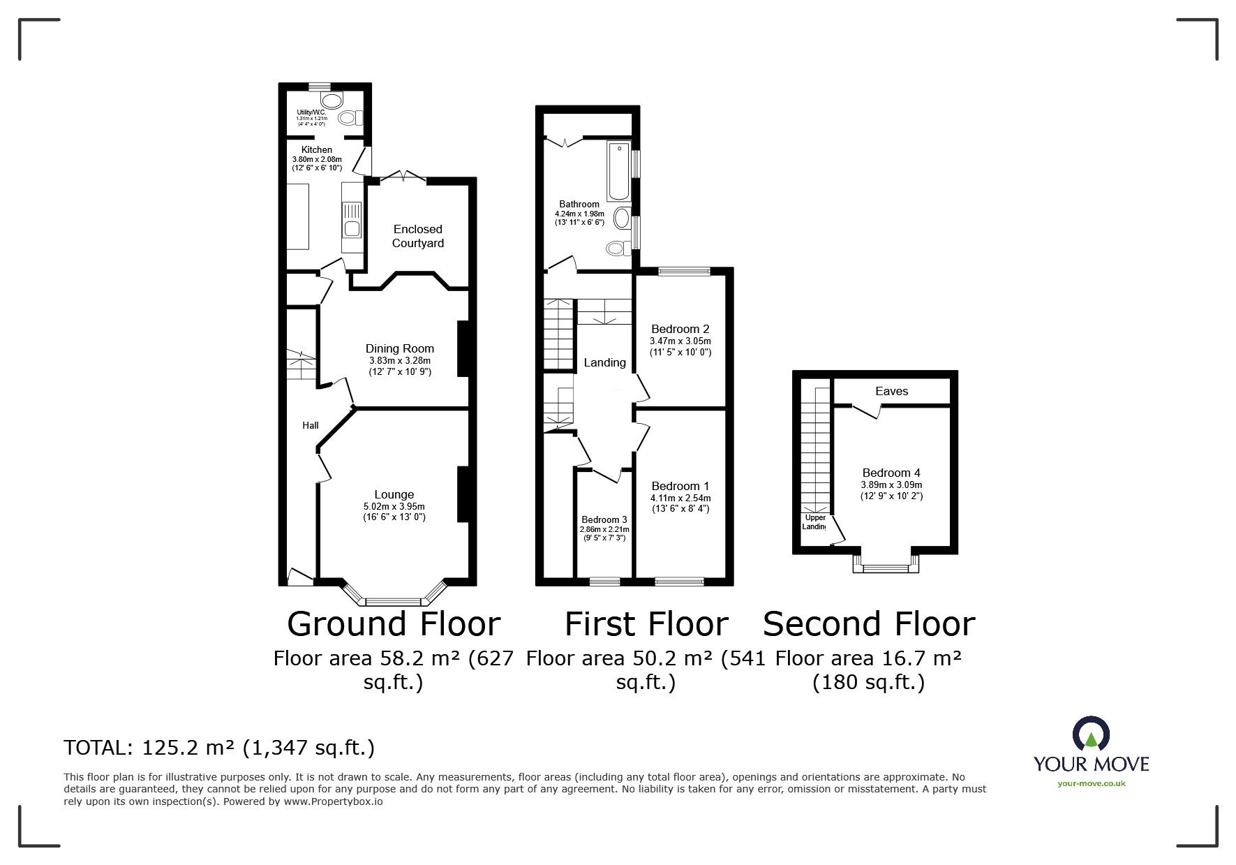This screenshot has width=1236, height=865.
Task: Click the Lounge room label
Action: (394, 494)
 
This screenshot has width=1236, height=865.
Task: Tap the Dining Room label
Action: (399, 348)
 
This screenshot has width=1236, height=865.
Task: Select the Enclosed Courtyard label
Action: (417, 236)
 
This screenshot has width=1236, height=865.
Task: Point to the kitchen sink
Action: (351, 219)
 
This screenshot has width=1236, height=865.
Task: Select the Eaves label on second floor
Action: (891, 391)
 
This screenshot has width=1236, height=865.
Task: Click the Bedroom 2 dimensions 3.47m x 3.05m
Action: (680, 341)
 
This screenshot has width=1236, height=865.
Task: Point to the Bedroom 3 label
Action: (604, 519)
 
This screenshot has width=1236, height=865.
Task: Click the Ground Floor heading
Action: (394, 623)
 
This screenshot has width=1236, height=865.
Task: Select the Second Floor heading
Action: (868, 623)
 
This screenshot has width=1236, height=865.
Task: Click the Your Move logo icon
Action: (1091, 734)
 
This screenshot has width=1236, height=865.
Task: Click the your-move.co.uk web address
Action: (1091, 783)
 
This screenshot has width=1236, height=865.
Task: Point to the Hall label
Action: (310, 425)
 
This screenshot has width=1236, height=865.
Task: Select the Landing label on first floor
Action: (604, 362)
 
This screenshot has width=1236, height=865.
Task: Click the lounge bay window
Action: (394, 600)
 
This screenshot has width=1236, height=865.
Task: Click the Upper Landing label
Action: (814, 522)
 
